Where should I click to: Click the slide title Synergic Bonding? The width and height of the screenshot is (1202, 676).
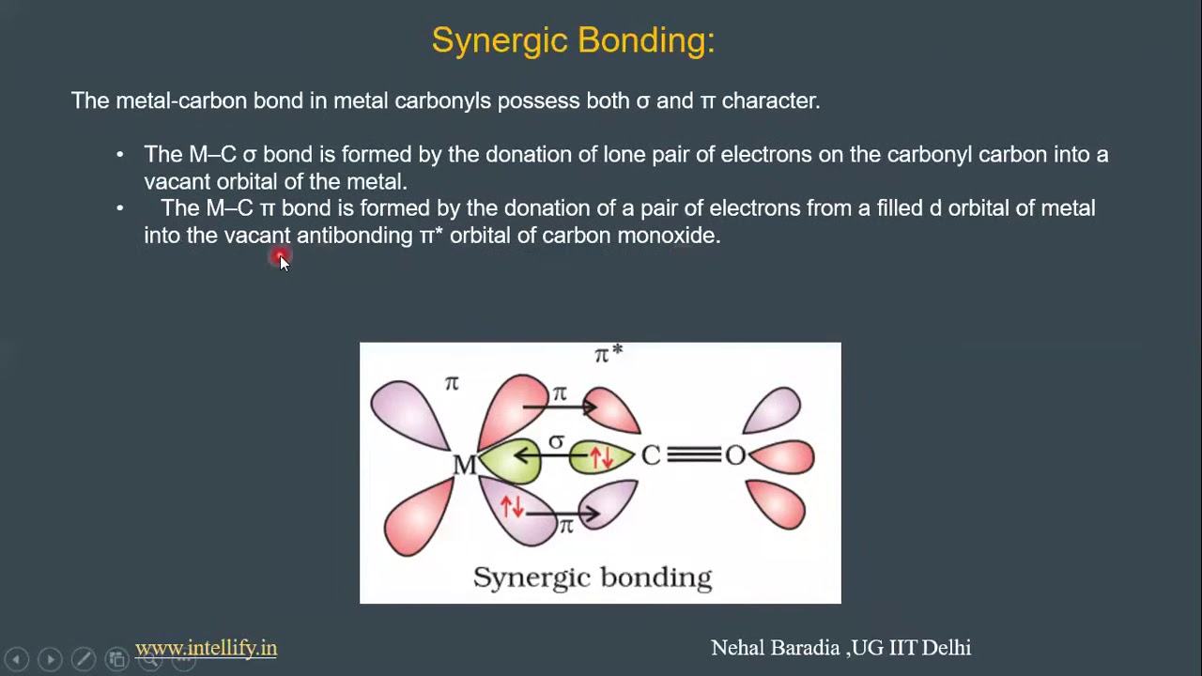click(573, 40)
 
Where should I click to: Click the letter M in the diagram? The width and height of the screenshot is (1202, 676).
click(464, 465)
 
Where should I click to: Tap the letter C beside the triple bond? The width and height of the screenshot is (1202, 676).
click(651, 456)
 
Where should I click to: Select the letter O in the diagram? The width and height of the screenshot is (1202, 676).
click(734, 456)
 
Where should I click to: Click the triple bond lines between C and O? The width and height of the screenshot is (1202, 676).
click(693, 455)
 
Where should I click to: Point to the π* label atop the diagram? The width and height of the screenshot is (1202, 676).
click(608, 354)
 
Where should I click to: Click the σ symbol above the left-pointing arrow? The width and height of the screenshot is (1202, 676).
click(557, 441)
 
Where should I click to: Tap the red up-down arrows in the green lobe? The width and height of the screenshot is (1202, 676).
click(601, 457)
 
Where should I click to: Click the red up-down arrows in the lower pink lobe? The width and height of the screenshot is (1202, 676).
click(512, 507)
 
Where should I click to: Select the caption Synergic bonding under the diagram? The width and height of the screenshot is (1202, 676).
click(592, 576)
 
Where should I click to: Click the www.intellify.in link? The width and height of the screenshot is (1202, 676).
click(206, 648)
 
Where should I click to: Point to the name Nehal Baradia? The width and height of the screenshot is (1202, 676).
click(775, 648)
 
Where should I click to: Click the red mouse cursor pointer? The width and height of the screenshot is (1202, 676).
click(282, 259)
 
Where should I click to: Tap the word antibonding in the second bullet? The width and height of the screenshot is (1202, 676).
click(354, 235)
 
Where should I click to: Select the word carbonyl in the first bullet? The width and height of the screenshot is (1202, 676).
click(929, 154)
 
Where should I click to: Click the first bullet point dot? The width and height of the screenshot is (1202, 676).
click(119, 154)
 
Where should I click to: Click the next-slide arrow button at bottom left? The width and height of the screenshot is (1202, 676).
click(50, 659)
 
